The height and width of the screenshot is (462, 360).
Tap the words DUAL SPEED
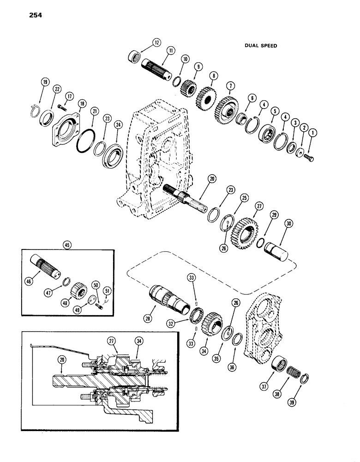[x=261, y=46]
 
